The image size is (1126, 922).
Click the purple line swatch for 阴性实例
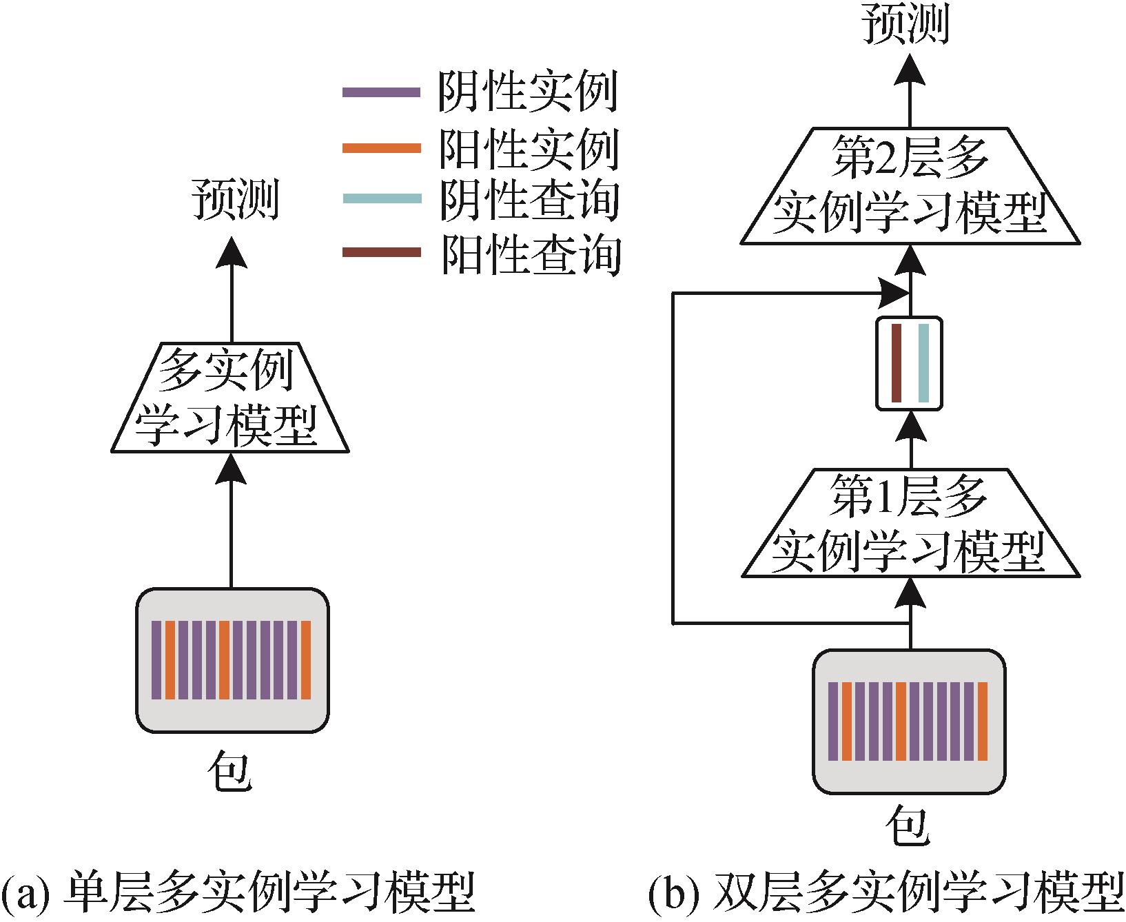point(381,92)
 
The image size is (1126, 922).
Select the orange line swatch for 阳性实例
point(381,147)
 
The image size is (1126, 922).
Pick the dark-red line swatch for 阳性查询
point(381,252)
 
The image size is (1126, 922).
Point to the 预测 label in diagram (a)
point(234,200)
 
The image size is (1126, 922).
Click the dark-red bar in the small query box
point(896,362)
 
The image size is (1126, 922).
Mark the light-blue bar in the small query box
point(923,362)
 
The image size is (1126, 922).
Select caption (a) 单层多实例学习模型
point(238,894)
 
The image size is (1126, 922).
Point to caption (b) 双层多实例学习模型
point(886,894)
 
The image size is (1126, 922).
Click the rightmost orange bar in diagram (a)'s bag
point(306,660)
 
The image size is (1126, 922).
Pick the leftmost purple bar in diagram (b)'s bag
point(832,721)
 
